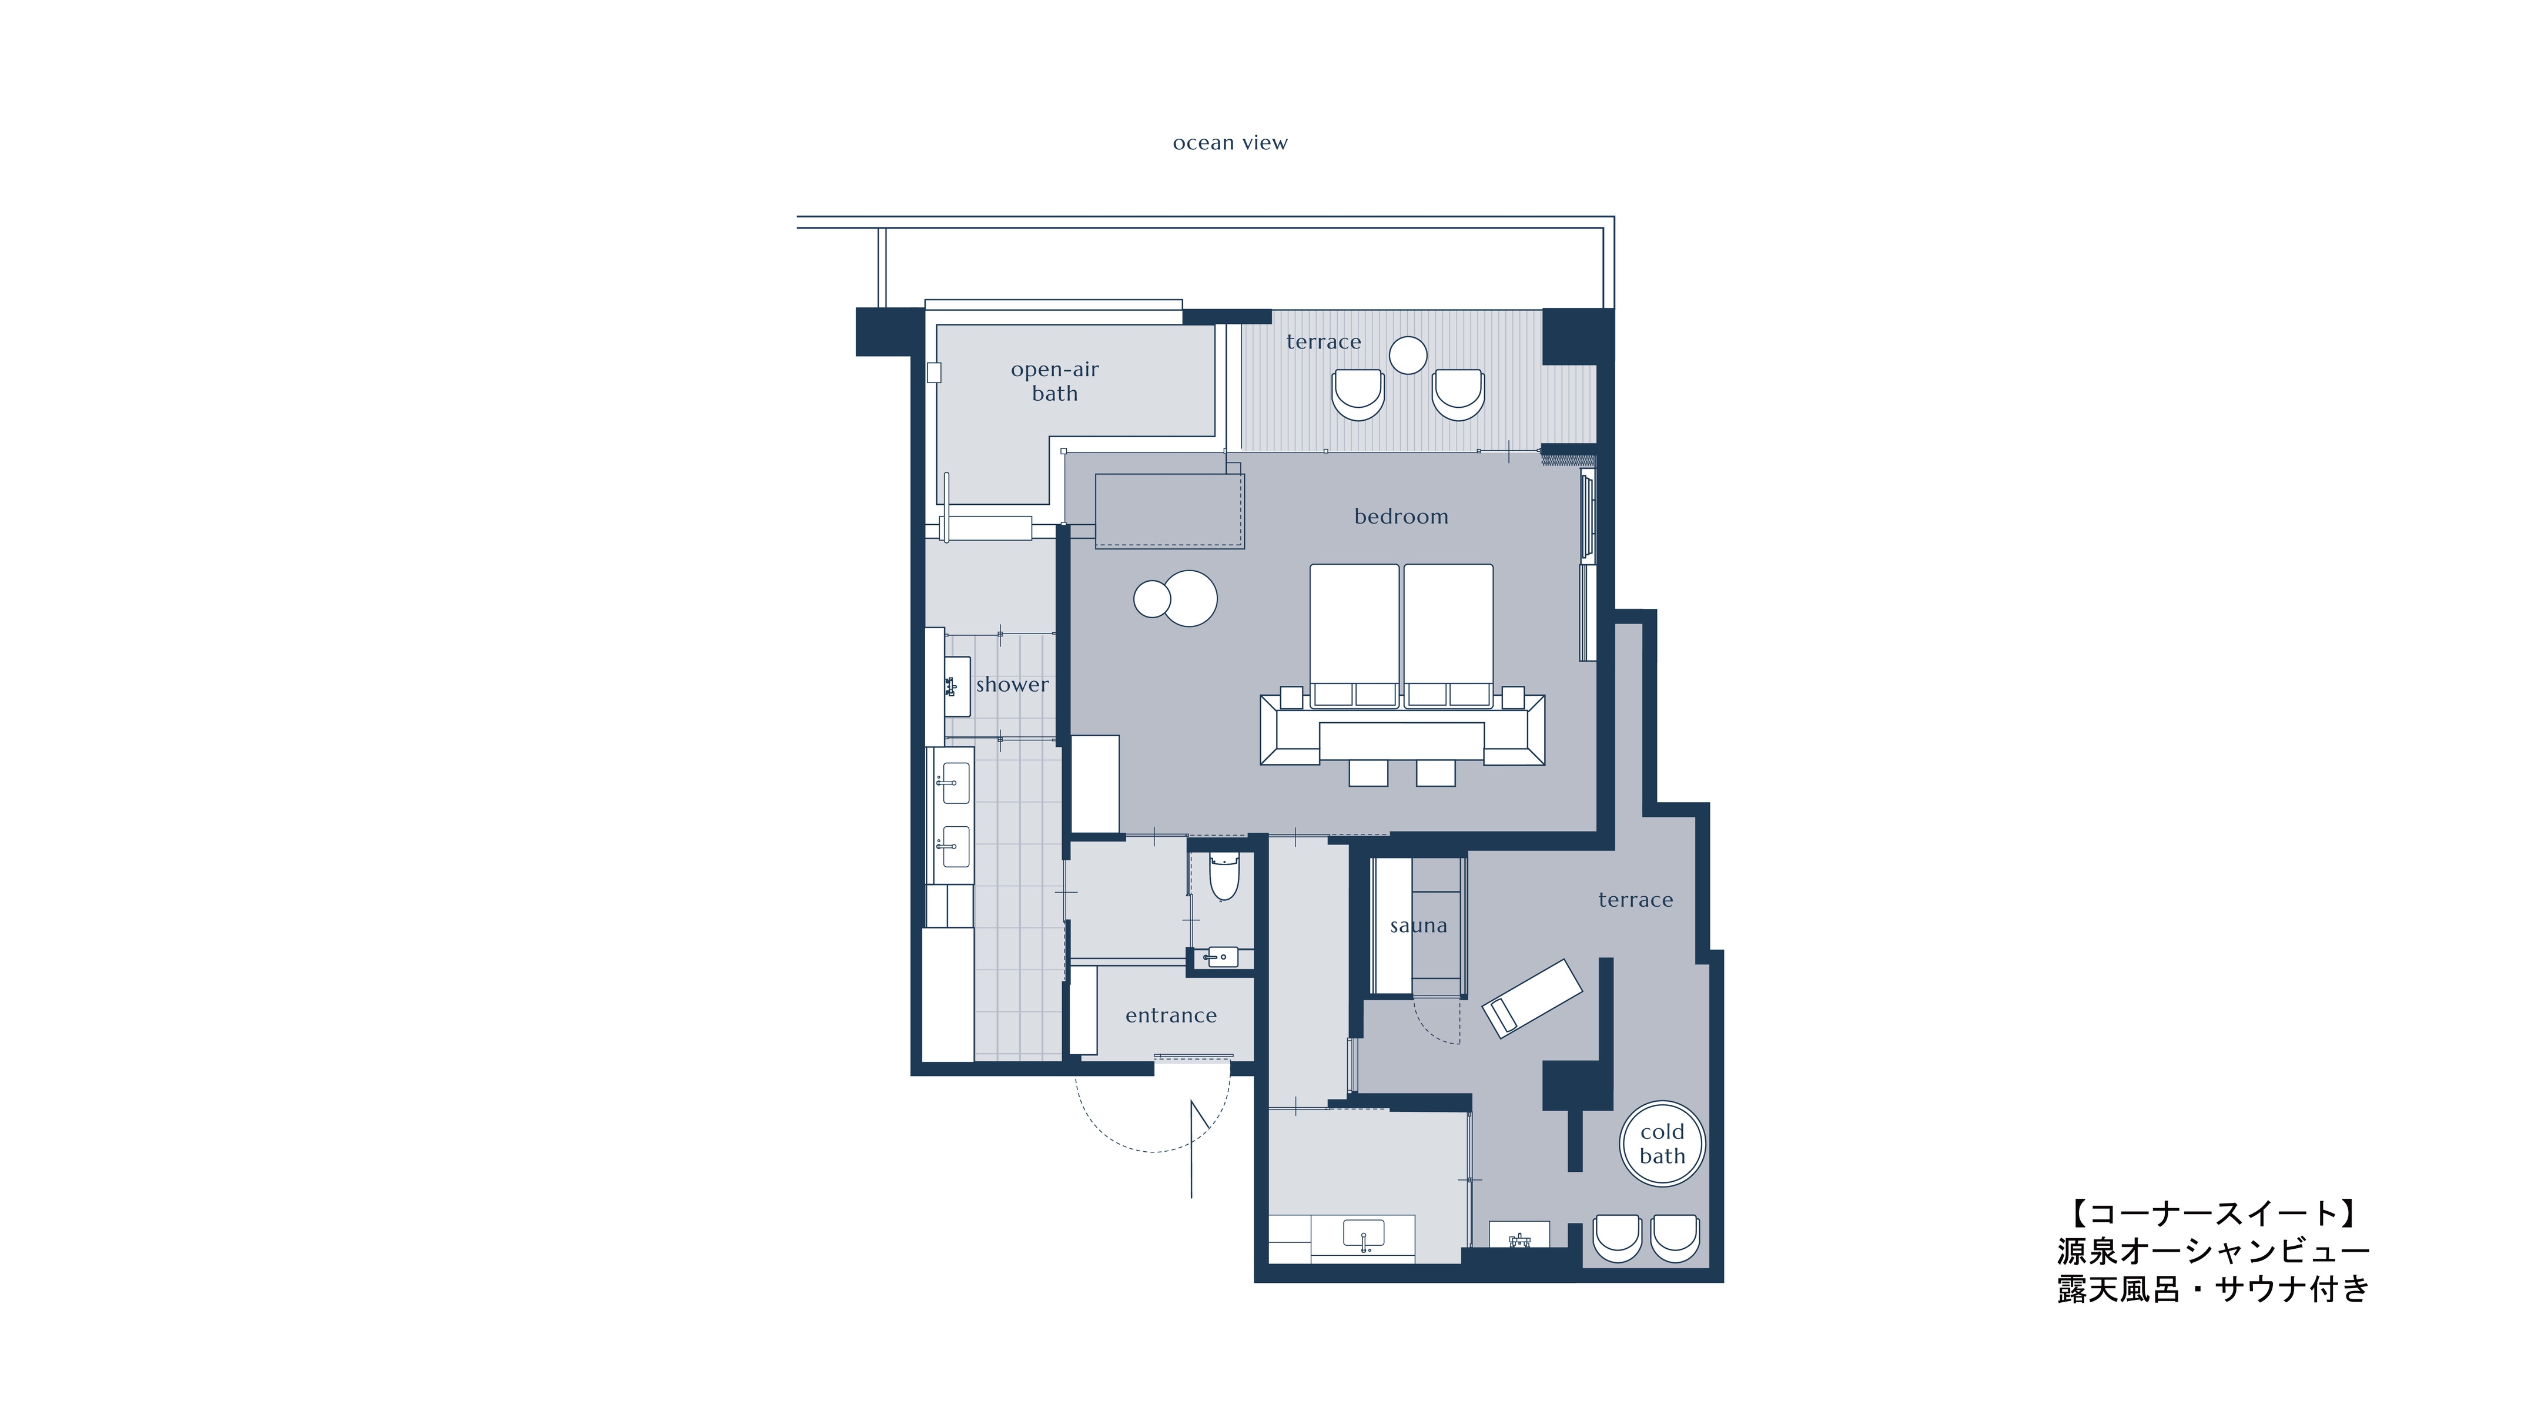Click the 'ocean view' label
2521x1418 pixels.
point(1230,143)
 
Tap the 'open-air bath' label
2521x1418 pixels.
point(1055,381)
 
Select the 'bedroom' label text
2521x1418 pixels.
point(1401,517)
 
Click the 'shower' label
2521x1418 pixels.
point(1012,685)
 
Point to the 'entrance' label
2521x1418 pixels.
point(1171,1016)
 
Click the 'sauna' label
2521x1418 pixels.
point(1418,926)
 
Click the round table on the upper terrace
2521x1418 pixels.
point(1408,355)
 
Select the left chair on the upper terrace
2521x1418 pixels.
point(1358,394)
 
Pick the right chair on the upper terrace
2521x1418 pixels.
point(1458,394)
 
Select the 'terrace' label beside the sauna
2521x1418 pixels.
point(1635,900)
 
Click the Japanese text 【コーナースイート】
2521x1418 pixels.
point(2213,1213)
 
